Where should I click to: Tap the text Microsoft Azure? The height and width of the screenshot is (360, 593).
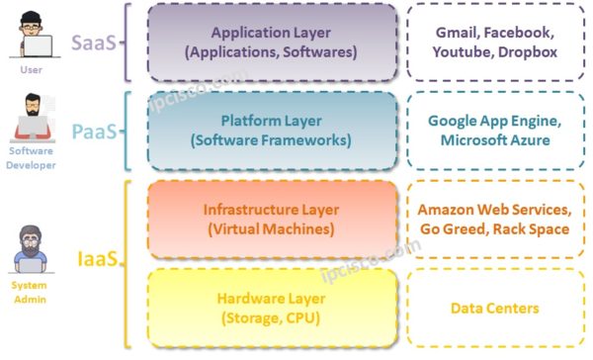click(495, 140)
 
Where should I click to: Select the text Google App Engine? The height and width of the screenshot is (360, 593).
click(495, 121)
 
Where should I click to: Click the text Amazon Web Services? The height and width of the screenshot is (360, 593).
click(495, 210)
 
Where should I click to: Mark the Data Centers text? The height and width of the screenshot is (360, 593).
click(495, 308)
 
